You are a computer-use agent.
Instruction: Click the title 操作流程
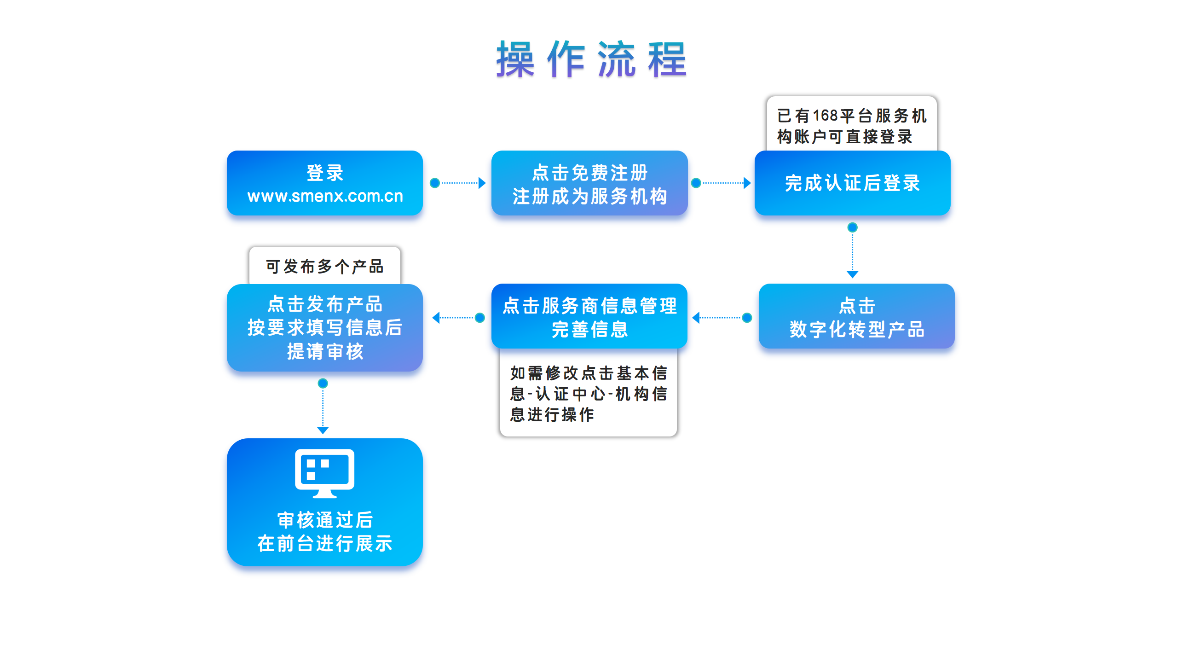click(591, 59)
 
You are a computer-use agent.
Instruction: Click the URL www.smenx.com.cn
click(325, 196)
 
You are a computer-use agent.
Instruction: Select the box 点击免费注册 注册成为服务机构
click(589, 183)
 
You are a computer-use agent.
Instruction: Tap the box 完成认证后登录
click(852, 183)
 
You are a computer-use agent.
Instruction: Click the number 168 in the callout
click(826, 116)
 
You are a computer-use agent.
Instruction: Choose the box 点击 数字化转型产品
click(856, 316)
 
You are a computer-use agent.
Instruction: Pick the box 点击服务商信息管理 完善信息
click(589, 316)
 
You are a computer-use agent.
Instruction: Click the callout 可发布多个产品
click(324, 266)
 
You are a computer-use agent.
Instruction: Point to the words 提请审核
click(325, 352)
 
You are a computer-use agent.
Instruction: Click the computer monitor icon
click(325, 473)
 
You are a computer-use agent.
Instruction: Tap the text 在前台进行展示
click(325, 544)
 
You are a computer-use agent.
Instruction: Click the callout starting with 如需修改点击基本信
click(589, 393)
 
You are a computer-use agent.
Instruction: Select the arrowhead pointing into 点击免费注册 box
click(482, 183)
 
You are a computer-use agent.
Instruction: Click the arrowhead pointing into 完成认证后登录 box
click(747, 183)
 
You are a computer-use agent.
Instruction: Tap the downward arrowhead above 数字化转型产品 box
click(853, 274)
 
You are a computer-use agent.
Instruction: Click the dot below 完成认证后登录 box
click(853, 227)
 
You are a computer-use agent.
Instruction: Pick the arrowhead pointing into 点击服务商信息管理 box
click(696, 318)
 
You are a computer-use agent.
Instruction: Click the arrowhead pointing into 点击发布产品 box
click(436, 318)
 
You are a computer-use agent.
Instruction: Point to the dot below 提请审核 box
click(323, 383)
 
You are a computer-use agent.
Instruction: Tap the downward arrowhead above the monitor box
click(323, 430)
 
